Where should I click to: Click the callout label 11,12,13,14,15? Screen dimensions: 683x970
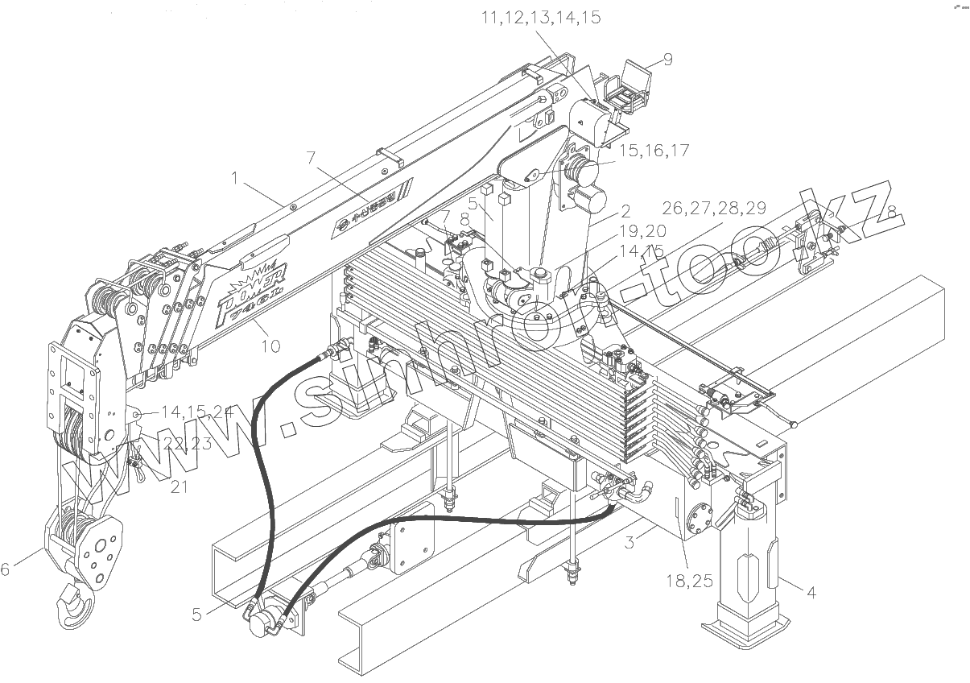pyautogui.click(x=541, y=18)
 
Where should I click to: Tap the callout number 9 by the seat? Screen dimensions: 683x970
pyautogui.click(x=667, y=59)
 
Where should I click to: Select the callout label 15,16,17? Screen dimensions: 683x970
pyautogui.click(x=654, y=151)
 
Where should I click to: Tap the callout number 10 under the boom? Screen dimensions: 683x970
pyautogui.click(x=270, y=346)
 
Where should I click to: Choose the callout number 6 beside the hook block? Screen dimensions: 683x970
pyautogui.click(x=6, y=569)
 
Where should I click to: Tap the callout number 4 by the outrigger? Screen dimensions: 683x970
pyautogui.click(x=811, y=593)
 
